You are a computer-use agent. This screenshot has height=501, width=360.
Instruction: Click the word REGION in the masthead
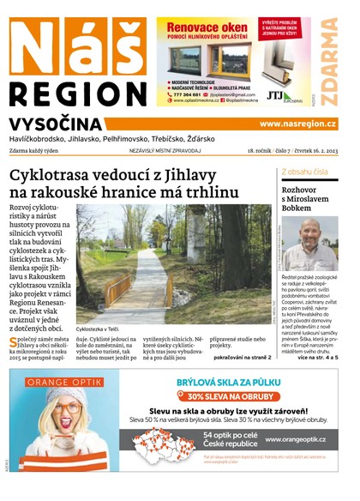point(75,94)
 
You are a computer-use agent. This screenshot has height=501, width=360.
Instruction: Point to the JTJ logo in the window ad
point(278,96)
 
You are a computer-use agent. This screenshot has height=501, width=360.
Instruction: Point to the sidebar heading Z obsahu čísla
point(304,172)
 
